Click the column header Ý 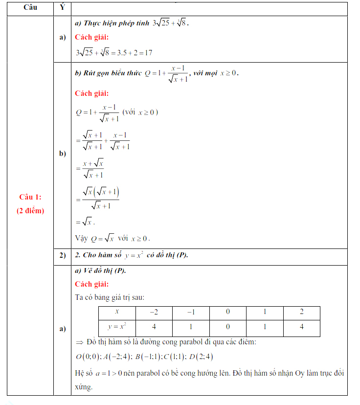tap(62, 8)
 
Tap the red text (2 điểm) tap(30, 211)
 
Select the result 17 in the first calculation tap(148, 52)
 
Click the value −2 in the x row tap(154, 312)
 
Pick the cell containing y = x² tap(117, 327)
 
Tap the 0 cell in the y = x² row tap(227, 327)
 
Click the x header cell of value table tap(117, 312)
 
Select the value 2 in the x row tap(301, 312)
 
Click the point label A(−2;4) tap(115, 356)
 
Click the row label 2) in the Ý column tap(62, 255)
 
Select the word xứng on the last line tap(84, 386)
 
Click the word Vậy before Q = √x tap(81, 238)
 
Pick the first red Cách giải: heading tap(92, 37)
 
